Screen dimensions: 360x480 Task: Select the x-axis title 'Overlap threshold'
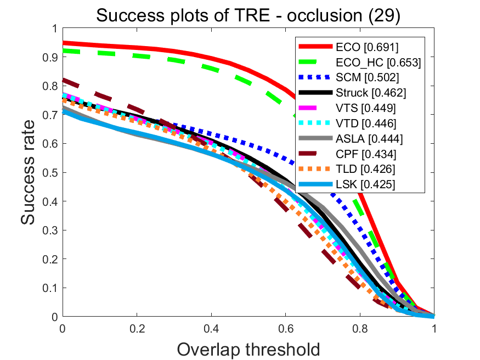[248, 349]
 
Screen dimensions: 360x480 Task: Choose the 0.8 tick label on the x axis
[360, 328]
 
